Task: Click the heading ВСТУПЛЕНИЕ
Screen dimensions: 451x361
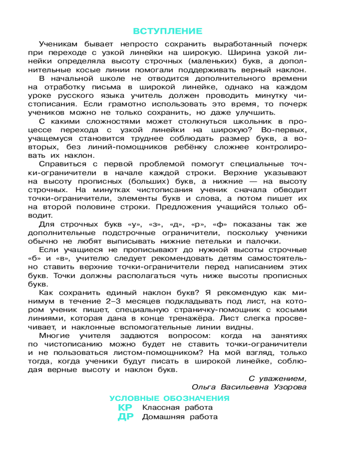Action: [x=168, y=31]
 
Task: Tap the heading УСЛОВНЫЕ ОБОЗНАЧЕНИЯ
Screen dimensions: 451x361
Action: [x=169, y=398]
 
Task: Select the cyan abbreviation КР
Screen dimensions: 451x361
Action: [x=126, y=407]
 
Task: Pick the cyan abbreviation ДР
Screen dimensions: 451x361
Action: [x=126, y=417]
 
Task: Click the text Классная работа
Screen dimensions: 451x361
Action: [x=177, y=408]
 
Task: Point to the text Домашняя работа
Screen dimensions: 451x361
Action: [x=180, y=417]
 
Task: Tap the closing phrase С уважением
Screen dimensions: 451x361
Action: [x=278, y=378]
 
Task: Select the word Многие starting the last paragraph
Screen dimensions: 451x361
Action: [x=53, y=336]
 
